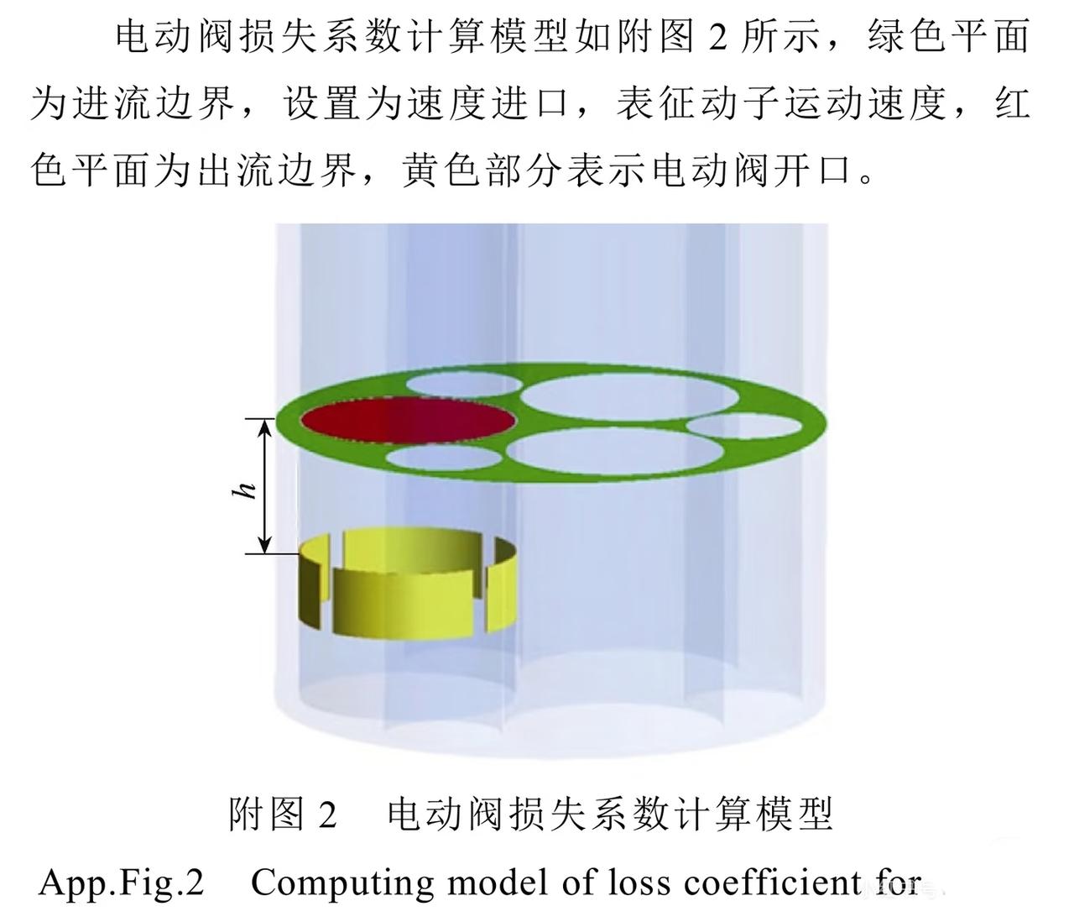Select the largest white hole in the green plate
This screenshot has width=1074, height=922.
coord(630,398)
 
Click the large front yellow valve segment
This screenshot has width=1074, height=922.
coord(405,600)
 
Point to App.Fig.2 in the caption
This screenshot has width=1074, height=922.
coord(122,884)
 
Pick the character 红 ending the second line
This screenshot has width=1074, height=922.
coord(1014,105)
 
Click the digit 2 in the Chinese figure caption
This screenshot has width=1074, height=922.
coord(326,815)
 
